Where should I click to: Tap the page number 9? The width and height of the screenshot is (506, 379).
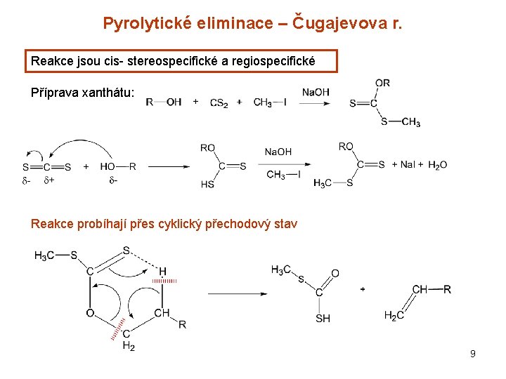[473, 354]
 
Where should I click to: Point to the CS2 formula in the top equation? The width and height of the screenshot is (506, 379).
[219, 102]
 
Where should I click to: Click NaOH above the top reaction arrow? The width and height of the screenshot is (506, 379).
[316, 92]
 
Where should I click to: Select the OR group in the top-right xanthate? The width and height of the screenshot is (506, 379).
[382, 83]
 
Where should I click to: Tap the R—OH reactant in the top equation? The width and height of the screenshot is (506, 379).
[164, 102]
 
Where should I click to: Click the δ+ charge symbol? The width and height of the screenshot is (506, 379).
[49, 180]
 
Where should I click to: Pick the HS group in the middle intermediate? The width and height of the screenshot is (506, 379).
[207, 184]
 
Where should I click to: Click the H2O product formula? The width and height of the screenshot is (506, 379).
[436, 165]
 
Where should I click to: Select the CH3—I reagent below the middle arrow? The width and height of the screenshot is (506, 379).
[283, 175]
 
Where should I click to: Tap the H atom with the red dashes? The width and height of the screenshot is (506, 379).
[162, 271]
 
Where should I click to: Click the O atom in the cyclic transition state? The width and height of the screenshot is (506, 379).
[90, 313]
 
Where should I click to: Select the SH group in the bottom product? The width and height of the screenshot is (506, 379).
[323, 319]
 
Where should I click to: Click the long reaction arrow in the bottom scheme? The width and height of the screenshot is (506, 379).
[235, 293]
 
